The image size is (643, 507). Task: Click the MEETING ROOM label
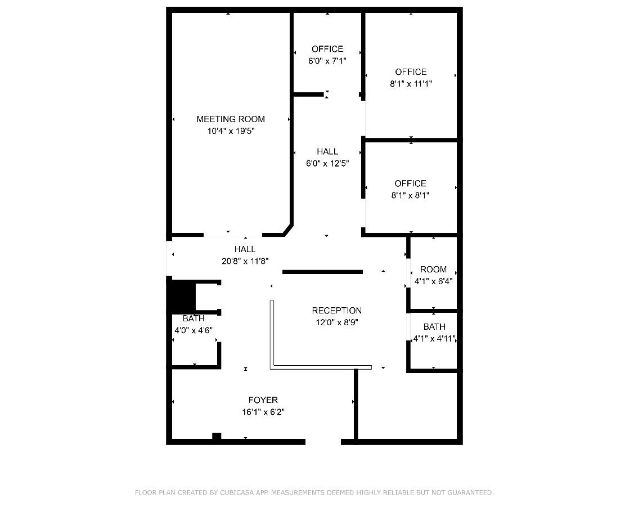(x=230, y=119)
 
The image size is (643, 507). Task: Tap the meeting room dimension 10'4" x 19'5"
(x=230, y=131)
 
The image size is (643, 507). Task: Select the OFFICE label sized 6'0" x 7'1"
(x=327, y=49)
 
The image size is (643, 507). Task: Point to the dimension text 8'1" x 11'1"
(x=411, y=84)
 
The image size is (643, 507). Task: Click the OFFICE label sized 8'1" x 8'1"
(x=410, y=183)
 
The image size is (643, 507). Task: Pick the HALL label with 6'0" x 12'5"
(x=327, y=151)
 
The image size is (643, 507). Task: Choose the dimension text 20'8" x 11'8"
(x=245, y=261)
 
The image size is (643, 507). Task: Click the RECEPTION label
(x=336, y=311)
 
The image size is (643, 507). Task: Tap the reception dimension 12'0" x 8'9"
(x=336, y=323)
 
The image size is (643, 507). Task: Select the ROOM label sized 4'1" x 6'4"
(x=433, y=270)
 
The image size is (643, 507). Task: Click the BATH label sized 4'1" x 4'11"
(x=434, y=327)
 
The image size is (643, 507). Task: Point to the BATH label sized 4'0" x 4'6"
(x=193, y=319)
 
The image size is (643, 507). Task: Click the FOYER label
(x=263, y=400)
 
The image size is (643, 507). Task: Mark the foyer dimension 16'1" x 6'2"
(x=263, y=412)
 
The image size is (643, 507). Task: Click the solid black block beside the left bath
(x=181, y=297)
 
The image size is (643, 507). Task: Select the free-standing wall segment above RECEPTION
(x=322, y=272)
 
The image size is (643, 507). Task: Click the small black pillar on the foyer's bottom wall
(x=217, y=436)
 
